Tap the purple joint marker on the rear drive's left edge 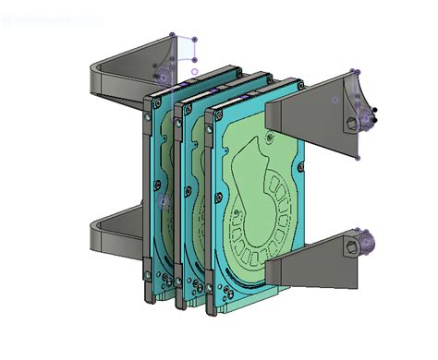pos(164,200)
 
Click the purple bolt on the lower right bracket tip pos(366,243)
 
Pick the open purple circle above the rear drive pos(195,71)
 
